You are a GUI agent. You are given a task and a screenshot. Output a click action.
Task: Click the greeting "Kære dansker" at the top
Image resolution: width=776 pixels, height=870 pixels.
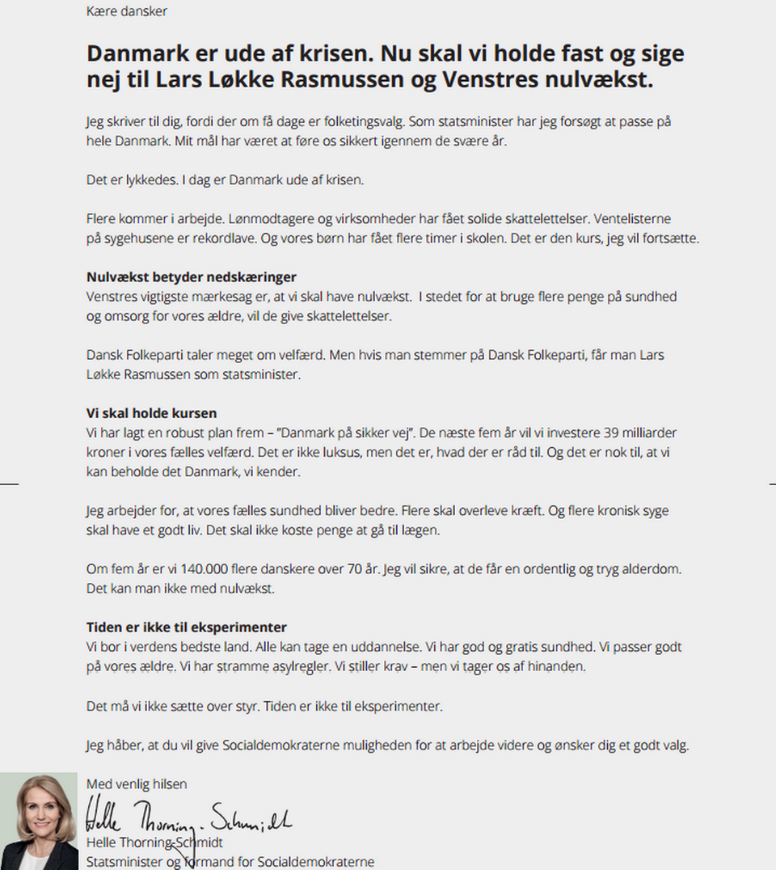pyautogui.click(x=127, y=11)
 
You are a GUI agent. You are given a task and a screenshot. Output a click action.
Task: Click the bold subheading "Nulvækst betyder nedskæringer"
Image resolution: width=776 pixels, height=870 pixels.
pyautogui.click(x=192, y=277)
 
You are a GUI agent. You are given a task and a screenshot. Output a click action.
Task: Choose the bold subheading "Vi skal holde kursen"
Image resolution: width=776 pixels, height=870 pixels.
pyautogui.click(x=151, y=413)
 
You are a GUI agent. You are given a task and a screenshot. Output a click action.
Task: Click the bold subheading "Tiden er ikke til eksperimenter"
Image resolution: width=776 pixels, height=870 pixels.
pyautogui.click(x=187, y=627)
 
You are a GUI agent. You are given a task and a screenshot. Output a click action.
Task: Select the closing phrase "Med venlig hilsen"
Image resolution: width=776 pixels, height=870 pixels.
pyautogui.click(x=137, y=783)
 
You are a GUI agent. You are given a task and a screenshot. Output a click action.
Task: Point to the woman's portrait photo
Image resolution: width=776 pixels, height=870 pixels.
pyautogui.click(x=39, y=821)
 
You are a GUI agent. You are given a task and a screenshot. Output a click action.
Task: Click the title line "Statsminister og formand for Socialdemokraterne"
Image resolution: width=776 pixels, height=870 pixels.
pyautogui.click(x=230, y=862)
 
